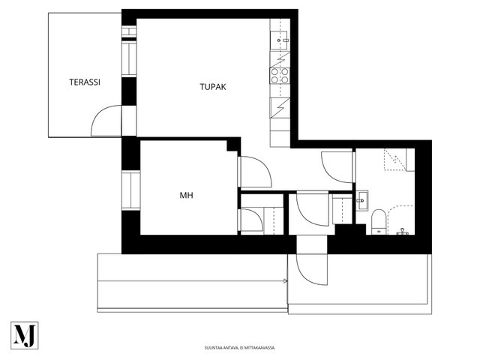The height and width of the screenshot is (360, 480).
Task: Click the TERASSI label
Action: (x=85, y=82)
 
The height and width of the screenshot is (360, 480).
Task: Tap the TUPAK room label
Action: (x=213, y=87)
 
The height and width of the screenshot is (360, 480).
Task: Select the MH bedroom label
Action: (x=187, y=195)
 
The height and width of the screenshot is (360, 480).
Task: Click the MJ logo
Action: (x=25, y=335)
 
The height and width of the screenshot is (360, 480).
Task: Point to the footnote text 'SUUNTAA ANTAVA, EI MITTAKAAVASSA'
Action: (x=240, y=348)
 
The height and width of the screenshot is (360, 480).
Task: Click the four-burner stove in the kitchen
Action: (x=280, y=76)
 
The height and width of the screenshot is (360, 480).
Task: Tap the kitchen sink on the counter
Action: (x=279, y=40)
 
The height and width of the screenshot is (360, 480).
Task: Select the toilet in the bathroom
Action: (x=379, y=222)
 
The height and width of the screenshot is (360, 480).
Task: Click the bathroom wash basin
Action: (x=361, y=200)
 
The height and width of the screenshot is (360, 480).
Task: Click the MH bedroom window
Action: (x=130, y=190)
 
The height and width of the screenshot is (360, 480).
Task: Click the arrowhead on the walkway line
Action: (x=286, y=280)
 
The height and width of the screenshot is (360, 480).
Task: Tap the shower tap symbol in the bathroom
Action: (x=402, y=232)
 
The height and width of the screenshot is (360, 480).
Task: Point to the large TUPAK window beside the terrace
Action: (x=129, y=58)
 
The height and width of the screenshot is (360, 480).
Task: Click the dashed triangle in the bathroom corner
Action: (x=395, y=160)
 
